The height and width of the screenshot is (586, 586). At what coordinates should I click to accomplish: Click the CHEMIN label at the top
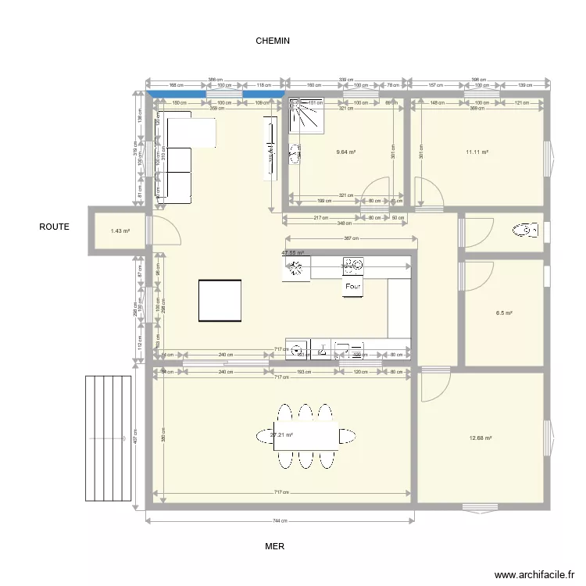[x=273, y=41]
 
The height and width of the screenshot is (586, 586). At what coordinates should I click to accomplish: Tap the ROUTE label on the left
[x=55, y=227]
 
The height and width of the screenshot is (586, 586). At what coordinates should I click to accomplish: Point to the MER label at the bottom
[x=274, y=547]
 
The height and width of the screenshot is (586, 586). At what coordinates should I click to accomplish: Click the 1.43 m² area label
[x=120, y=231]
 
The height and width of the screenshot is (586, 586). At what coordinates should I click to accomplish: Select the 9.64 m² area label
[x=345, y=153]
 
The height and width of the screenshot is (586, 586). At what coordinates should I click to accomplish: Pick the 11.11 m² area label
[x=477, y=153]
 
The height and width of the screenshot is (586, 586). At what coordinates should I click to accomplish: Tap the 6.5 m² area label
[x=504, y=313]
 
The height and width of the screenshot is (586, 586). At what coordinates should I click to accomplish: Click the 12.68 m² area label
[x=481, y=438]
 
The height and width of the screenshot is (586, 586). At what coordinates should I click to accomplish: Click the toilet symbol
[x=525, y=230]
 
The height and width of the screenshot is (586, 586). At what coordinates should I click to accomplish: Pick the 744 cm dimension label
[x=280, y=521]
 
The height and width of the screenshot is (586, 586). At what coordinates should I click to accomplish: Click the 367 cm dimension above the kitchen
[x=350, y=238]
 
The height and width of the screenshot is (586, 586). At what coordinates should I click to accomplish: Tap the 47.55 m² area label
[x=293, y=253]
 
